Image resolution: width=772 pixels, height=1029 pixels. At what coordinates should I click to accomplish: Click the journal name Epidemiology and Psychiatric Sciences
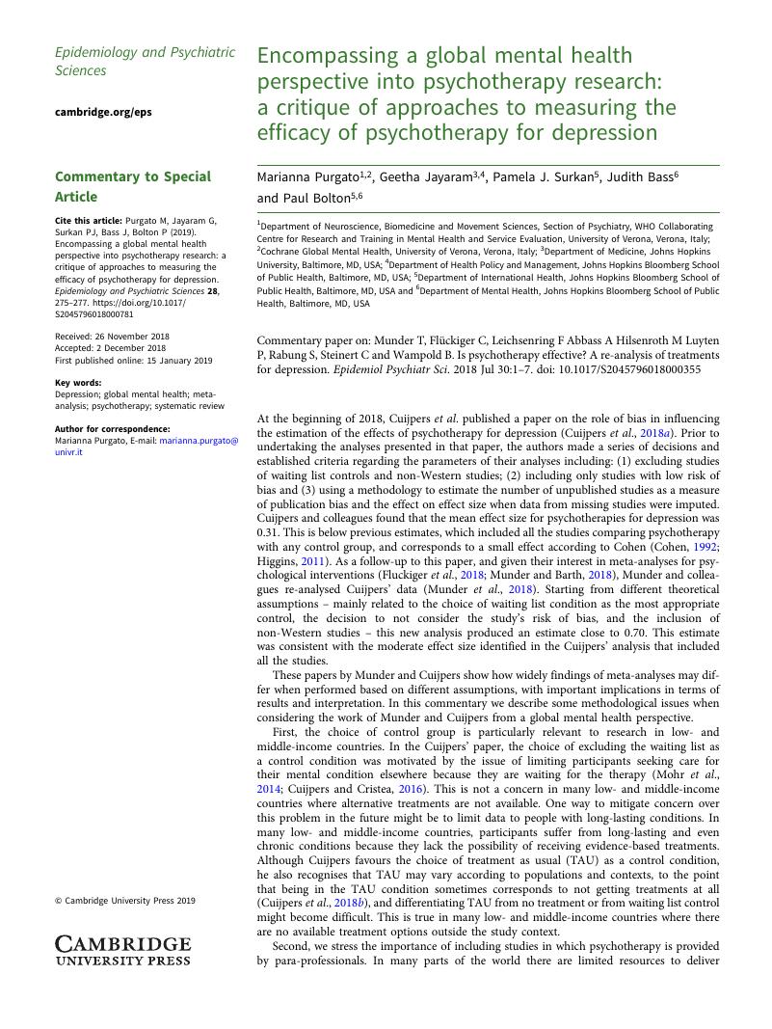(x=145, y=61)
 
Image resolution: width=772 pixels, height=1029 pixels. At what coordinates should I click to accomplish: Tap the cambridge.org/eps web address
(x=103, y=112)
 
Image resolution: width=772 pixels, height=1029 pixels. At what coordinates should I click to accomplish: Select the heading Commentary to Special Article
(x=132, y=186)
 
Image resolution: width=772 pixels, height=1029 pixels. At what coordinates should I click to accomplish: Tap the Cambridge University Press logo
(x=122, y=949)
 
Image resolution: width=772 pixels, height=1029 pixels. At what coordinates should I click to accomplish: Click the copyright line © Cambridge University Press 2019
(x=124, y=901)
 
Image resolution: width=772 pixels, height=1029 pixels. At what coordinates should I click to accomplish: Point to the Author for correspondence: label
(x=112, y=429)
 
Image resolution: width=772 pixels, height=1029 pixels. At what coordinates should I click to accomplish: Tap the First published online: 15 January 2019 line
(x=133, y=360)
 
